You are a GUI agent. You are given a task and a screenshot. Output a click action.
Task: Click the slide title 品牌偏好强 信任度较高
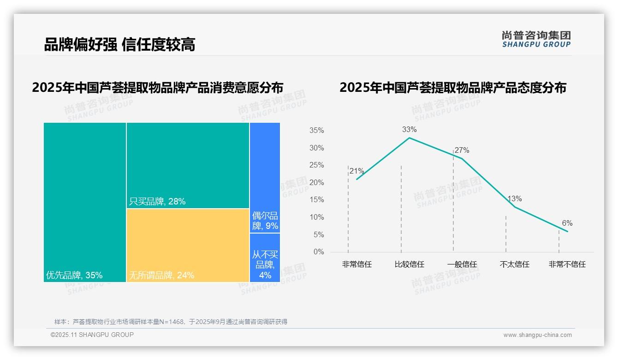pyautogui.click(x=119, y=44)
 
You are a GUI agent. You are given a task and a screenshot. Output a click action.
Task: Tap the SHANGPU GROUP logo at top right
pyautogui.click(x=536, y=39)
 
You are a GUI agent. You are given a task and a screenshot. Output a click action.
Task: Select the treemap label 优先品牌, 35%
pyautogui.click(x=74, y=276)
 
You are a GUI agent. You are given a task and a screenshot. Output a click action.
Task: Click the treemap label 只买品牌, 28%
pyautogui.click(x=157, y=201)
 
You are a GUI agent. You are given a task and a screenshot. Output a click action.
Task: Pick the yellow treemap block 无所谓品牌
pyautogui.click(x=188, y=245)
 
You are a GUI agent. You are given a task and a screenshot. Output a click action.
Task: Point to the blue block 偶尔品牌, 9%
pyautogui.click(x=265, y=221)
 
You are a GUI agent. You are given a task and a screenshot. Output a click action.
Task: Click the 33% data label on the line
pyautogui.click(x=409, y=130)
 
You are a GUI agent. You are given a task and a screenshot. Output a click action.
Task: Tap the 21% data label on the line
pyautogui.click(x=357, y=171)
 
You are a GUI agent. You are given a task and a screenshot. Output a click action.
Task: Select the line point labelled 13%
pyautogui.click(x=514, y=206)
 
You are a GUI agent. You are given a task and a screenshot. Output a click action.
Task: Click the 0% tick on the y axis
pyautogui.click(x=319, y=252)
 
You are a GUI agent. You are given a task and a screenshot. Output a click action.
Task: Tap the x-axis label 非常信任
pyautogui.click(x=357, y=264)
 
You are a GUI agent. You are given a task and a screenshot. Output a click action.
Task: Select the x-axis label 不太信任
pyautogui.click(x=515, y=264)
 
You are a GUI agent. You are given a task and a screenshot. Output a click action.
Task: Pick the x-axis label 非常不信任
pyautogui.click(x=567, y=264)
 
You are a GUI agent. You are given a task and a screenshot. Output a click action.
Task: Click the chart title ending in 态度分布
pyautogui.click(x=453, y=88)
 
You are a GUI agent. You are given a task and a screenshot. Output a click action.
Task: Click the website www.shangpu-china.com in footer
pyautogui.click(x=537, y=335)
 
